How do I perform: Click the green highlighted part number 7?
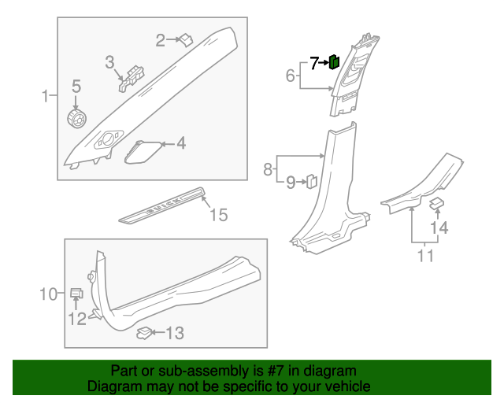coord(334,61)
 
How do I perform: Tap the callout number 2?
coord(160,40)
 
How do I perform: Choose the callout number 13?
coord(175,335)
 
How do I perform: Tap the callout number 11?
coord(425,255)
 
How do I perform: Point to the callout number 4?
coord(181,144)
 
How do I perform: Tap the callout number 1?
coord(46,97)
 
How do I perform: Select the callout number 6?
coord(290,76)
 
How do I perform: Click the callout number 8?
coord(268,168)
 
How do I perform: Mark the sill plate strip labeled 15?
coord(164,202)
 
